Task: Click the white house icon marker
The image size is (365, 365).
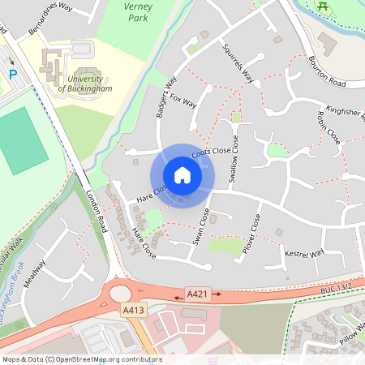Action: [182, 175]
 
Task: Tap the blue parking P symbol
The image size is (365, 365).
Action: [13, 74]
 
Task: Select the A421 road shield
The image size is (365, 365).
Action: [197, 293]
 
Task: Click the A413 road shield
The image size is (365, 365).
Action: [133, 310]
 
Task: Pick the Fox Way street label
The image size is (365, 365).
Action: [183, 102]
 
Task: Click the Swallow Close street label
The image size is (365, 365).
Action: [234, 161]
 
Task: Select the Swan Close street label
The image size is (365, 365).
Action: [199, 228]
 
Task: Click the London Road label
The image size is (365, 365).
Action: [96, 211]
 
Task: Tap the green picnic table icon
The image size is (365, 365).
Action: [323, 6]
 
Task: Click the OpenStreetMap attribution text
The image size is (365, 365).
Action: [82, 359]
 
